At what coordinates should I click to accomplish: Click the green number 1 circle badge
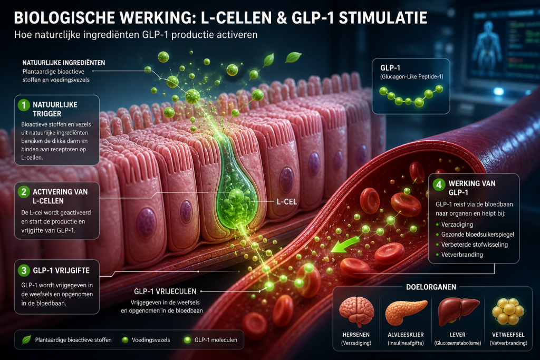24,105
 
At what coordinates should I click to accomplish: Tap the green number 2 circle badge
24,192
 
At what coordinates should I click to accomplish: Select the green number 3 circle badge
24,270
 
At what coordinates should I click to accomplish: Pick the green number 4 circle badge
439,184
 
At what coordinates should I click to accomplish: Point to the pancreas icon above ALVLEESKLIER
406,313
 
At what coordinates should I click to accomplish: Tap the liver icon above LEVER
458,312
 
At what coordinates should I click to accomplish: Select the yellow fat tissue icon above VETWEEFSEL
508,311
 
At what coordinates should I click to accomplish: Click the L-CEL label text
287,202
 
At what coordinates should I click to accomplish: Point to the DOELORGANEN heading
431,287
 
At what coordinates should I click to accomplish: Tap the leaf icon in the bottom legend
26,339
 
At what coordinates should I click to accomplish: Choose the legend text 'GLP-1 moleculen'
216,340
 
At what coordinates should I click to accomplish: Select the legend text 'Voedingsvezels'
151,340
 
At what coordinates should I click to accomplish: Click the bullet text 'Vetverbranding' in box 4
462,255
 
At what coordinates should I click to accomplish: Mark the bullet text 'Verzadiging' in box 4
457,225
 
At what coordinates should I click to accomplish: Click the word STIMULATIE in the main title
383,18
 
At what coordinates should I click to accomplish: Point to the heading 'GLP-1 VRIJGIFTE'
61,270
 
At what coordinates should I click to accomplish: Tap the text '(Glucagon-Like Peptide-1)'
411,77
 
